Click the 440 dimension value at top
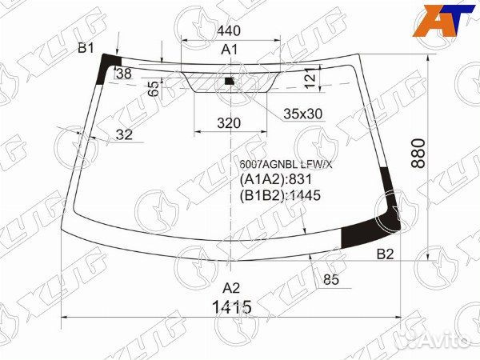click(x=229, y=31)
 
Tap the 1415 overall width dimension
click(x=232, y=307)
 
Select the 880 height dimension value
click(x=418, y=153)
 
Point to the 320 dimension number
click(x=229, y=123)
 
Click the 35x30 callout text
click(x=302, y=114)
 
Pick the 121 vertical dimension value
click(x=310, y=78)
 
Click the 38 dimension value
click(x=124, y=74)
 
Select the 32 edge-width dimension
click(x=124, y=134)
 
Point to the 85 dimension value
click(x=331, y=279)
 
